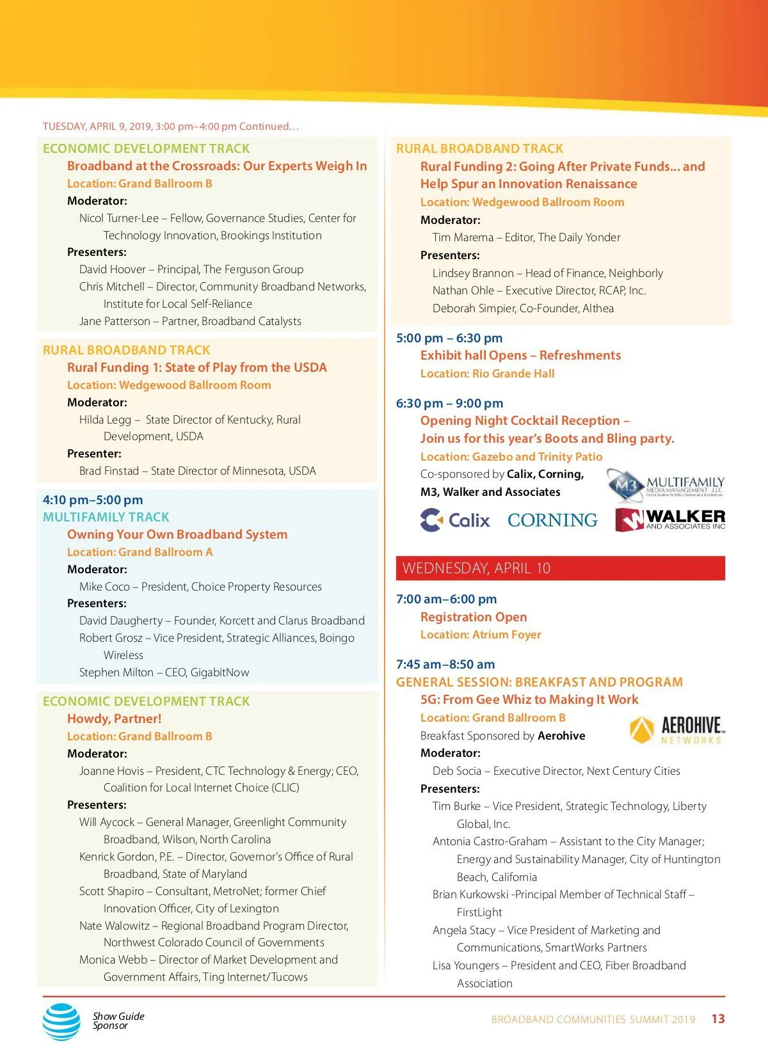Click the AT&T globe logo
pos(61,1021)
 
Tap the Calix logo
pos(455,520)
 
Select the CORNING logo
pos(552,520)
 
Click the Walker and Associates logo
pos(670,520)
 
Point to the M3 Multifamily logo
pos(666,486)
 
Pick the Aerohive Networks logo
pos(677,730)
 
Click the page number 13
pos(718,1019)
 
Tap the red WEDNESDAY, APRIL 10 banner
pos(560,568)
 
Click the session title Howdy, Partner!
pos(114,719)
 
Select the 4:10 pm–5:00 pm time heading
pos(93,500)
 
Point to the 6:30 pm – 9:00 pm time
pos(449,403)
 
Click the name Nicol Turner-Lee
pos(118,218)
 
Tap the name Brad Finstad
pos(109,471)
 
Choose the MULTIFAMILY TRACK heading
pos(106,517)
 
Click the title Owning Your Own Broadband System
pos(177,534)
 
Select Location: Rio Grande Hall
pos(487,374)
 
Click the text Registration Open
pos(474,617)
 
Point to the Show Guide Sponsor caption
pos(118,1020)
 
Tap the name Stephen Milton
pos(116,672)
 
